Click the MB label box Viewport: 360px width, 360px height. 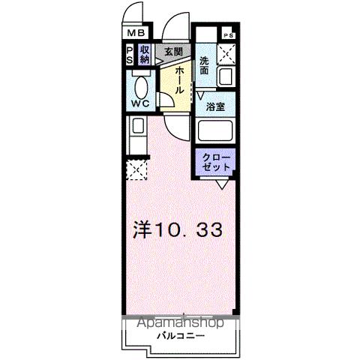point(136,34)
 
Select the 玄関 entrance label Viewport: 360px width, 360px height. point(173,51)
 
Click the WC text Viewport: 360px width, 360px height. point(139,103)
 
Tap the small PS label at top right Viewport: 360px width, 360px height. point(228,35)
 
